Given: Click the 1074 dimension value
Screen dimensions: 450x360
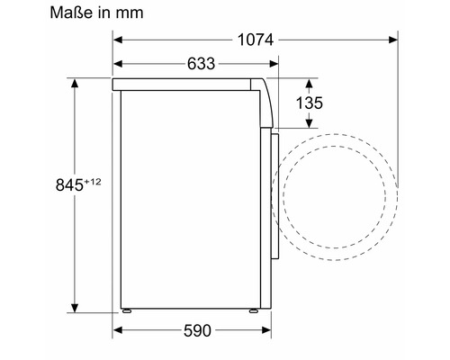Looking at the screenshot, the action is coord(256,40).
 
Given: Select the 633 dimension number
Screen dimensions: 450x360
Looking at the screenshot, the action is coord(202,64).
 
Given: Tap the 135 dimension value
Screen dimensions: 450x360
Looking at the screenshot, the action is coord(310,103).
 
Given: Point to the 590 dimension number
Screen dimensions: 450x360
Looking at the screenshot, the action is coord(197,331).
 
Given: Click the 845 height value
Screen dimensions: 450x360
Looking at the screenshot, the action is coord(69,184).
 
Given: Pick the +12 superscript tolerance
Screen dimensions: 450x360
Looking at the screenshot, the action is coord(93,182).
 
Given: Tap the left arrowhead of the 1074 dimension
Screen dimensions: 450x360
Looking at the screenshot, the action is coord(118,40).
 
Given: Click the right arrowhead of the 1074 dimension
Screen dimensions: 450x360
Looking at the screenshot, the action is coord(393,40).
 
